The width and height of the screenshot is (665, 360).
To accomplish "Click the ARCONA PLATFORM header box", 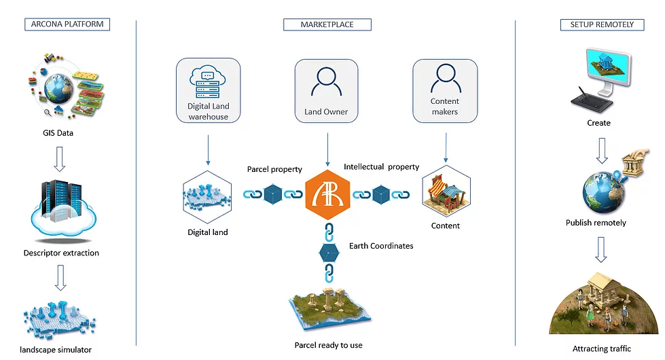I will coord(67,24).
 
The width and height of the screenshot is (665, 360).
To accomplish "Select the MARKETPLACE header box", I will coord(327,24).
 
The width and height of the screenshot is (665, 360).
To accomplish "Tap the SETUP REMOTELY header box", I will coord(598,24).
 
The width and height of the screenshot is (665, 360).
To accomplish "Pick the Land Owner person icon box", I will coord(327,90).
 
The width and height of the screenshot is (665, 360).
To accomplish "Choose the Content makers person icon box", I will coord(445,90).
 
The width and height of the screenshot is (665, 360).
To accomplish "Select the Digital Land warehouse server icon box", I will coord(209,90).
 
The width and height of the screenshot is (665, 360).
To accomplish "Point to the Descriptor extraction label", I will coord(61,253).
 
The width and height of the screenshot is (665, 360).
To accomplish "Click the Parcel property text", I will coord(274,169).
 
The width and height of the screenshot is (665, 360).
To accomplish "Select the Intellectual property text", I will coord(381,166).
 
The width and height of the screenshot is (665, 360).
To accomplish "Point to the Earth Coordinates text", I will coord(381,245).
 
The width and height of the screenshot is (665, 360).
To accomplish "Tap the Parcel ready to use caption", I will coord(328,345).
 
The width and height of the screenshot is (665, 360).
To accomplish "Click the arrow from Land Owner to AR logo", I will coord(327,149).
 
